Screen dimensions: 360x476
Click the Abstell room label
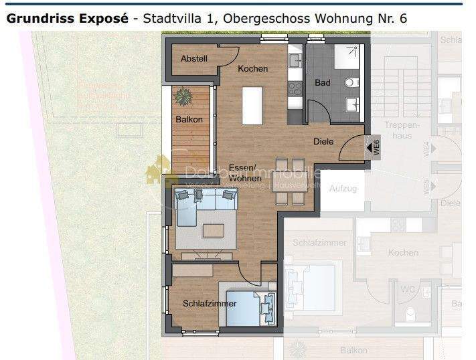point(194,59)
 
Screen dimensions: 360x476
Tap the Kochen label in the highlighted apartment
point(252,68)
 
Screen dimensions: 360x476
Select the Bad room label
point(323,84)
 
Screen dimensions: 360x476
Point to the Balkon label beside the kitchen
point(189,120)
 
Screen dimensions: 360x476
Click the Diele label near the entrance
point(323,141)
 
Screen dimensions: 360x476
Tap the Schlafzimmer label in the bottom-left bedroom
point(210,304)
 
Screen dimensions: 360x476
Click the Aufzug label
point(343,189)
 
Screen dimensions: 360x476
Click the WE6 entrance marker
point(375,147)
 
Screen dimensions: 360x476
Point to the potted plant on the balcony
point(183,96)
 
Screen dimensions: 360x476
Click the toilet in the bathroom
point(349,82)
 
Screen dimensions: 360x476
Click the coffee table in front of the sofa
point(214,230)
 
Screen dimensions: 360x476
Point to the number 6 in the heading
point(402,18)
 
